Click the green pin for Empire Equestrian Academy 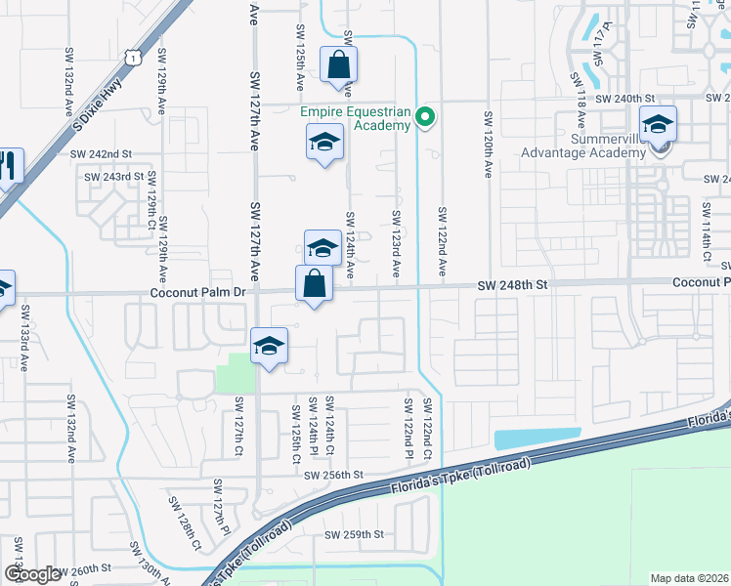(425, 118)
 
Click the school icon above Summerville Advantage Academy (659, 124)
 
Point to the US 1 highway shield (131, 59)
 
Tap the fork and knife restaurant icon (9, 166)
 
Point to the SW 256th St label (333, 475)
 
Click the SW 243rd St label (113, 177)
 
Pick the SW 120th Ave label (488, 144)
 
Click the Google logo (32, 573)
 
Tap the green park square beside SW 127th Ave (235, 373)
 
